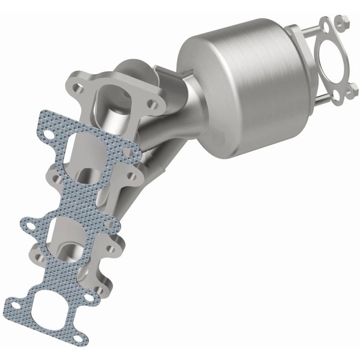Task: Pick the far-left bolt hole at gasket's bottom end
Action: point(16,306)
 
